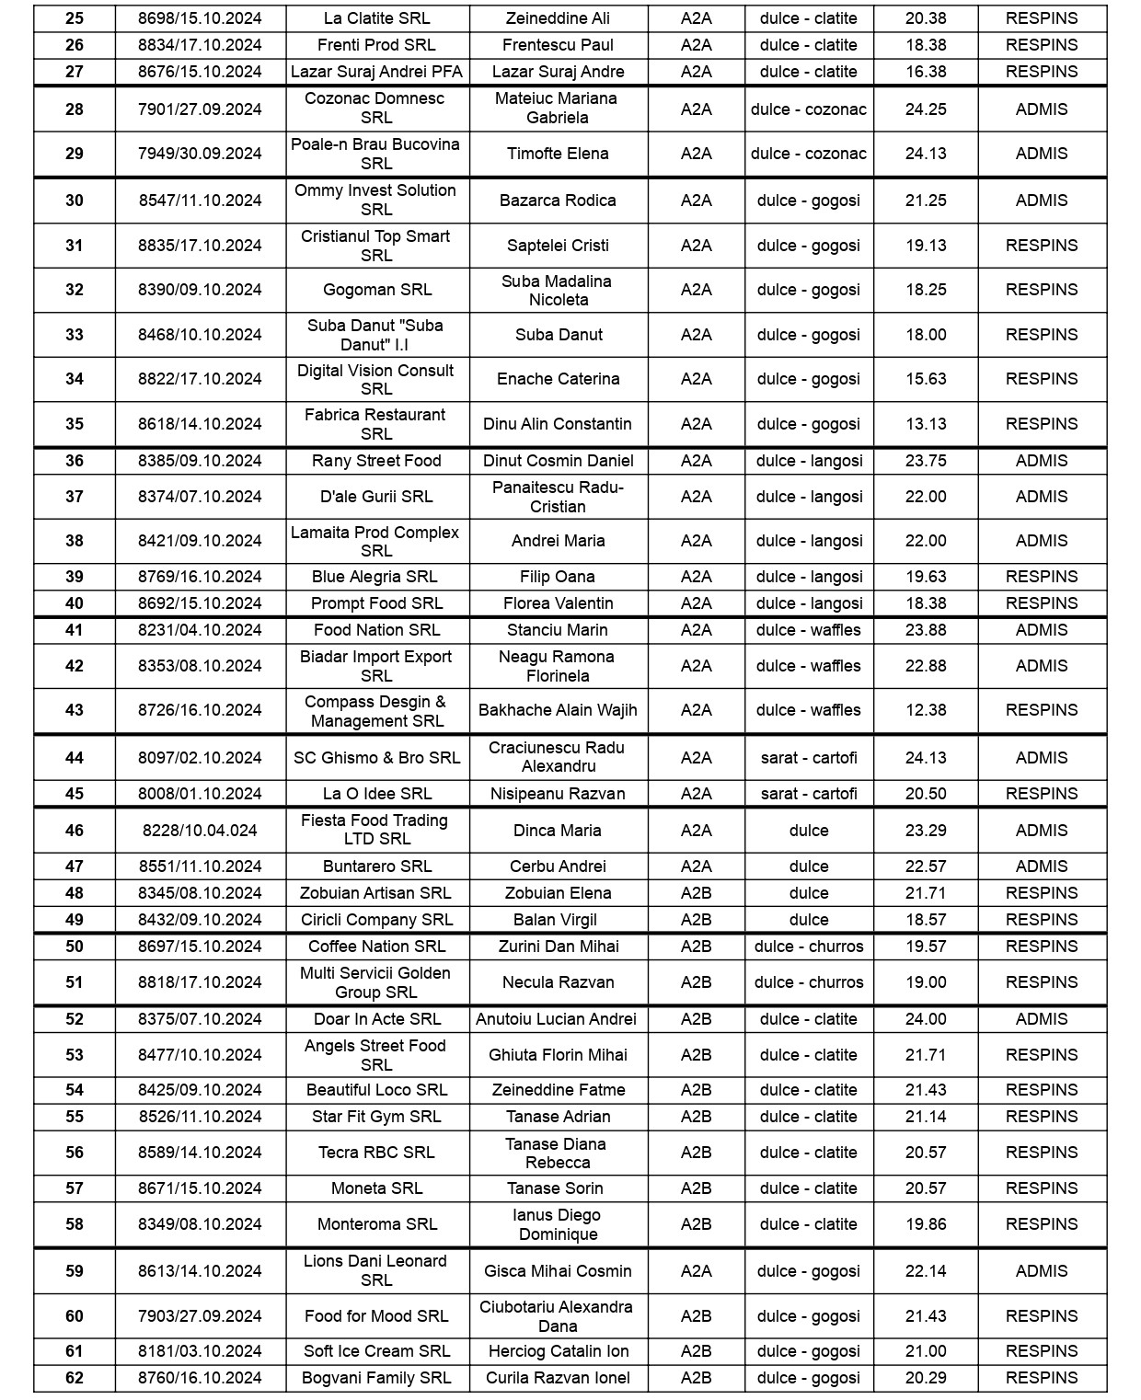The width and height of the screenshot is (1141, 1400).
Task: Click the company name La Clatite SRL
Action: point(376,18)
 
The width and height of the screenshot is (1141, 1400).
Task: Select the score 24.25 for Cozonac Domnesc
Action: point(925,109)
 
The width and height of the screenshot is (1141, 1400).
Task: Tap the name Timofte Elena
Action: point(558,154)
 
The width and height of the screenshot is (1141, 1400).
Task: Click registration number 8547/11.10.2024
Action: point(200,201)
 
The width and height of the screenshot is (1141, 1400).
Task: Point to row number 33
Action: point(75,335)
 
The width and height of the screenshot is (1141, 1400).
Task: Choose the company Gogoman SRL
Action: point(376,290)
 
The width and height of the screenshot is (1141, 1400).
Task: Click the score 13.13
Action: point(925,424)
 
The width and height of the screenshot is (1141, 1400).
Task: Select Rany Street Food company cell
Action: point(376,461)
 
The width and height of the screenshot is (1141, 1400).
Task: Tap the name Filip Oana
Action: point(558,577)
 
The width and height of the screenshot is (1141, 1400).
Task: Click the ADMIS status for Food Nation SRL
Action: point(1041,630)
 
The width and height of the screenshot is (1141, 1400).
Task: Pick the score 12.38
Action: point(925,710)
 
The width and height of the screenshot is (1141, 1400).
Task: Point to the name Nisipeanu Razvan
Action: point(558,794)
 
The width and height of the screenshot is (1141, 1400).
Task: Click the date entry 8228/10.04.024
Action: point(200,831)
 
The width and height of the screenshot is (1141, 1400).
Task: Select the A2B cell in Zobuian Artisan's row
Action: point(696,893)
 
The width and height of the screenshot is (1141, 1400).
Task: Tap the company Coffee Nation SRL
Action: point(376,947)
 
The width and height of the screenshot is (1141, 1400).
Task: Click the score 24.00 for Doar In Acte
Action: point(925,1019)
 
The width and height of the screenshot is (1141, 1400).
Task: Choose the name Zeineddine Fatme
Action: point(558,1090)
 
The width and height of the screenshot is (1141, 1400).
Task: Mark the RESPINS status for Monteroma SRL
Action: point(1041,1224)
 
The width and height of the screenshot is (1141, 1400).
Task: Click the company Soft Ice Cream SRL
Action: point(376,1351)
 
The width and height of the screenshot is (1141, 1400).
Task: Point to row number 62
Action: point(75,1378)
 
